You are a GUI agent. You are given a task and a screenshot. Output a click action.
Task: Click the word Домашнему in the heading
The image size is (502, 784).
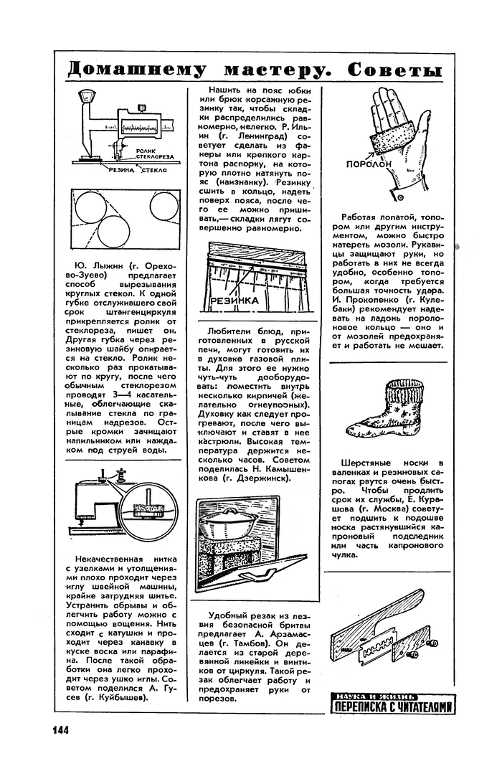(x=136, y=70)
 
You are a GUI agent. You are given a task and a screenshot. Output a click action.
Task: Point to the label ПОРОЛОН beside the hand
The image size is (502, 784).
(x=369, y=164)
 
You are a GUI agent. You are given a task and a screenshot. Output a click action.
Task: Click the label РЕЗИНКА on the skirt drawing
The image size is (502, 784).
(x=235, y=301)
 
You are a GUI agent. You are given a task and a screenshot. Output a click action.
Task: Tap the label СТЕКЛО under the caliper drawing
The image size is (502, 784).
(x=153, y=170)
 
